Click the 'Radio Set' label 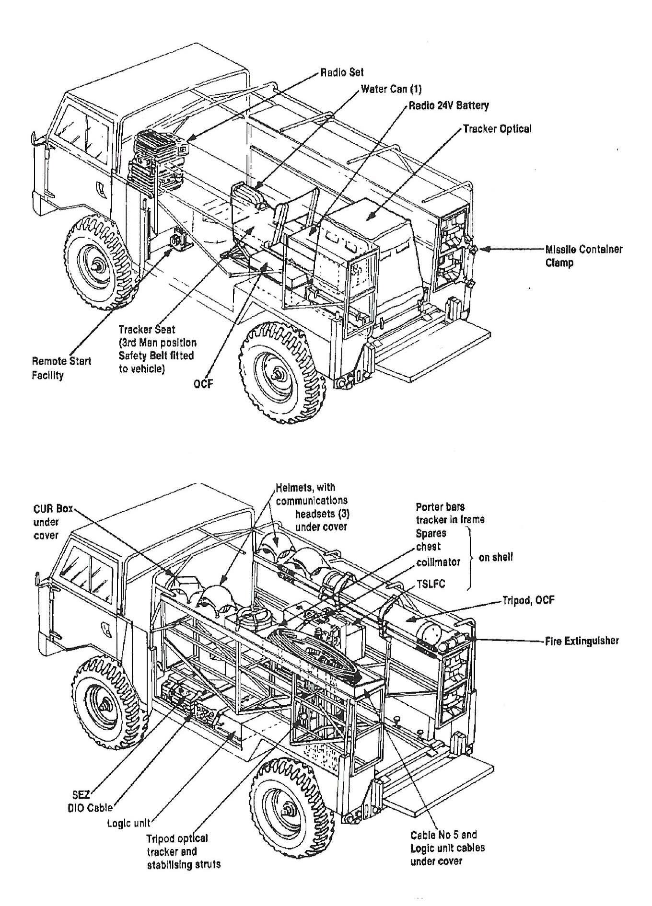(342, 72)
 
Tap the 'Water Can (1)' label (391, 89)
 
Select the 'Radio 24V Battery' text (448, 105)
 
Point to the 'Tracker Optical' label (497, 129)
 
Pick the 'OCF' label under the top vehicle (203, 383)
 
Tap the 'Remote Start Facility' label (61, 367)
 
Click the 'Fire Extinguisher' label (582, 641)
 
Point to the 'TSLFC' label (430, 584)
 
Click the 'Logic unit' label (128, 823)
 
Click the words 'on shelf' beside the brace (496, 557)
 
